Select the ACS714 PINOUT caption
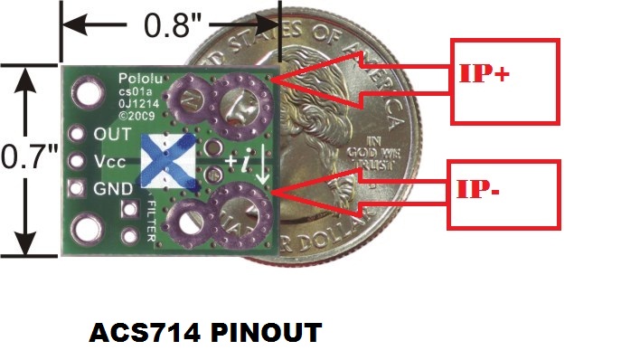[205, 333]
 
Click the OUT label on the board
[112, 133]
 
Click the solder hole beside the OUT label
[79, 133]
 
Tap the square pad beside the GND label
[79, 188]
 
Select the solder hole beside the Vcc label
[79, 161]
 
